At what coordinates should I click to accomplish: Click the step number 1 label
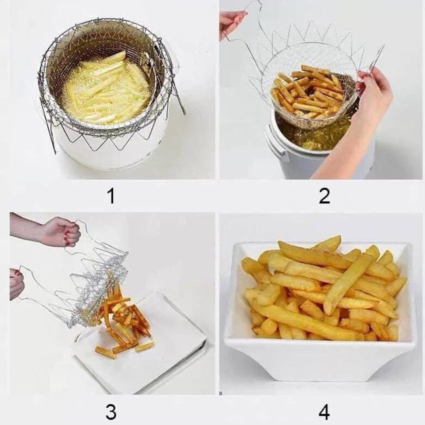(x=111, y=196)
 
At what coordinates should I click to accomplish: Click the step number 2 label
(x=324, y=196)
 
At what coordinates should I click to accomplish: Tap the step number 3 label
(x=111, y=412)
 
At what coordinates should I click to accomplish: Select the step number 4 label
(x=324, y=412)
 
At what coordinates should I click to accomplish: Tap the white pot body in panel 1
(x=112, y=154)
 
